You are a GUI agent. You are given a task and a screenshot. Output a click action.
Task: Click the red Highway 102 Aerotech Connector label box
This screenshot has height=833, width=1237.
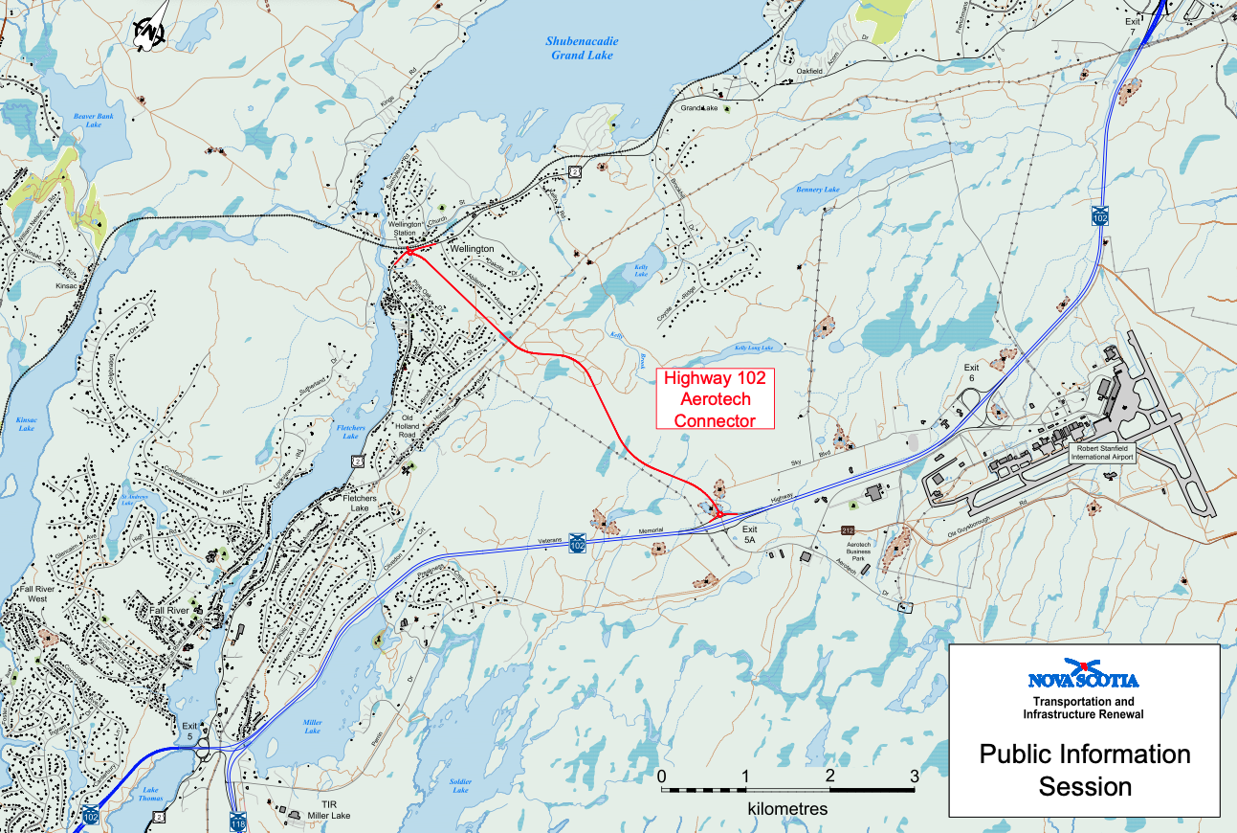coord(715,398)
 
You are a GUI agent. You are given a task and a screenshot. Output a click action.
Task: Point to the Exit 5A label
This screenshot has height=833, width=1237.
coord(749,534)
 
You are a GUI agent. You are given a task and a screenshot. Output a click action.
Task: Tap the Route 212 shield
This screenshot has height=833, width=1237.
coord(847,529)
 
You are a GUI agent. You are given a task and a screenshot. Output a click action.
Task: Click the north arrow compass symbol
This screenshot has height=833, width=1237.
coord(151,30)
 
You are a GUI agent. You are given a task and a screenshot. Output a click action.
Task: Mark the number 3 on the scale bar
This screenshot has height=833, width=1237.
coord(914,776)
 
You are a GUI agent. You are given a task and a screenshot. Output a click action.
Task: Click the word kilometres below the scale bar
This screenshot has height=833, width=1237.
coord(787,809)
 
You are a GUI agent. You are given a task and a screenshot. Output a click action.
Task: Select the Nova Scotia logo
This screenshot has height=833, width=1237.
coord(1083,678)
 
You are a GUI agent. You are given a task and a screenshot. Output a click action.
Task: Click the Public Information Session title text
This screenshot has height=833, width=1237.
coord(1084,770)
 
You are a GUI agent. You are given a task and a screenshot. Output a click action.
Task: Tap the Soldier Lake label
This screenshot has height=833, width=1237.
coord(460,785)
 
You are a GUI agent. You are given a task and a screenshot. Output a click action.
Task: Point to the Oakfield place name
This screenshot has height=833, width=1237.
coord(809,71)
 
